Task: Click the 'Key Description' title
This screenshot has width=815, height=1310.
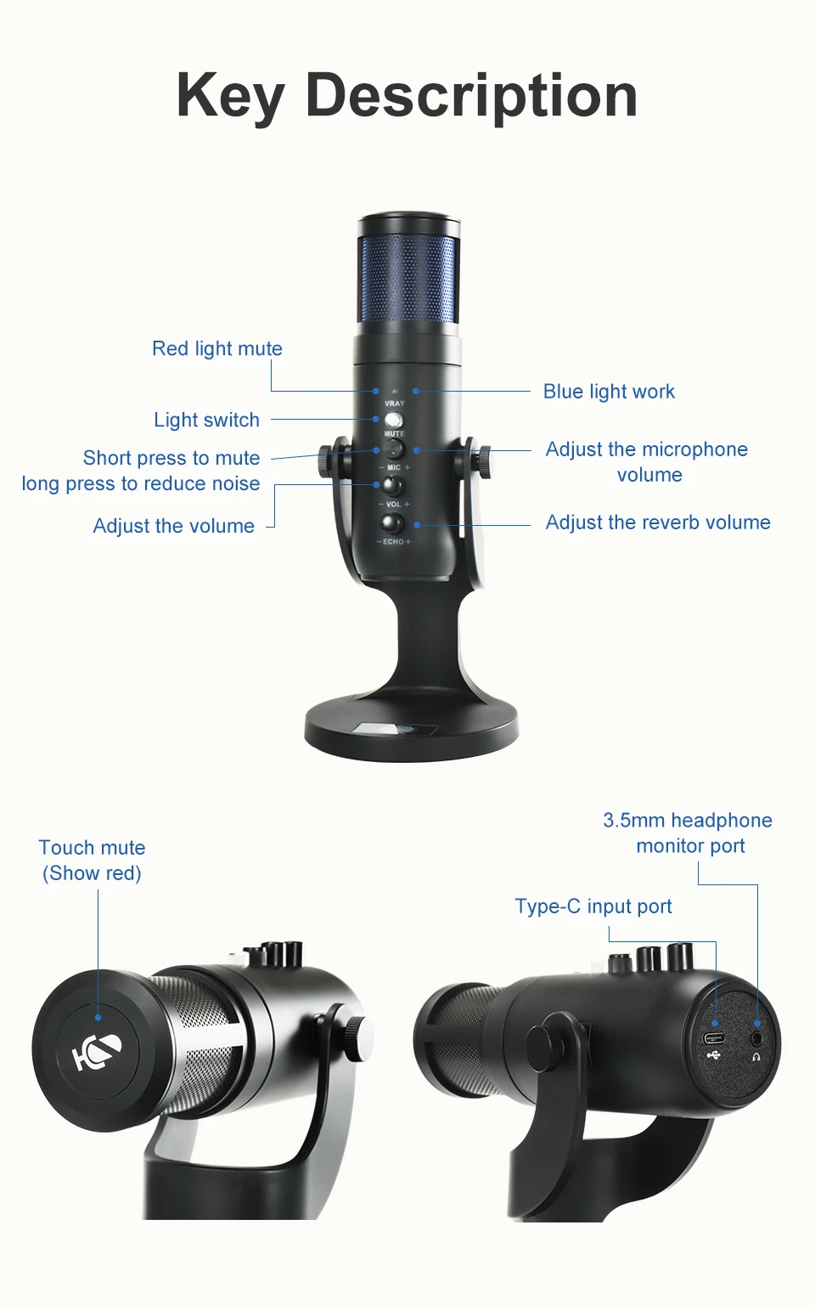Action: (407, 96)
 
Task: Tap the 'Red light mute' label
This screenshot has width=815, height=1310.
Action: (217, 348)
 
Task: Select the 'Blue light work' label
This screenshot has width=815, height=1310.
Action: (609, 392)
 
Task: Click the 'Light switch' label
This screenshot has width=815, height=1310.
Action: (207, 420)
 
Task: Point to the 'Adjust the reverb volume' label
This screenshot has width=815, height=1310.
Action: (658, 522)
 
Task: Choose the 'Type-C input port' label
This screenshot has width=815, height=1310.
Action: (593, 906)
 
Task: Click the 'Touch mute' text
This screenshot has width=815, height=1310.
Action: (92, 847)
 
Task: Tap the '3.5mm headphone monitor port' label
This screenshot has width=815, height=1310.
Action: (689, 833)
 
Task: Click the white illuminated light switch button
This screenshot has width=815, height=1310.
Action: (394, 420)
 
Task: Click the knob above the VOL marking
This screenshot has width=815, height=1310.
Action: (392, 485)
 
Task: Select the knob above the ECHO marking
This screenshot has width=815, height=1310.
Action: (392, 522)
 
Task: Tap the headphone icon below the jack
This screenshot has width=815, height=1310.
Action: (756, 1057)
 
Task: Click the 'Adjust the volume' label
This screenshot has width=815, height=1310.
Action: (173, 526)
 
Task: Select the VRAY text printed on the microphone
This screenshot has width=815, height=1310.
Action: (395, 404)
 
